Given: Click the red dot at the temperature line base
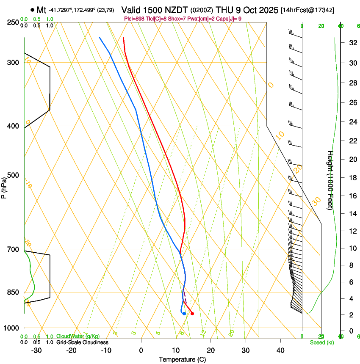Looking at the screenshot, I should (x=192, y=313).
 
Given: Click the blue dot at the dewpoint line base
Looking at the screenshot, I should (x=184, y=314).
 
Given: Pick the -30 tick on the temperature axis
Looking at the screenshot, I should (x=36, y=350).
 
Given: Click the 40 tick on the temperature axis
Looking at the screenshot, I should (x=280, y=350).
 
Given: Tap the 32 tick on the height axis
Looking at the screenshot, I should (x=352, y=43).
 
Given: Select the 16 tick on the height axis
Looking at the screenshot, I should (x=352, y=196).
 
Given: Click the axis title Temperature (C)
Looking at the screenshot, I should (x=182, y=359).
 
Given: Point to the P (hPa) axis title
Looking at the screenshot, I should (x=4, y=187).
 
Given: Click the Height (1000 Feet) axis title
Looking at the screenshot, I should (x=330, y=180).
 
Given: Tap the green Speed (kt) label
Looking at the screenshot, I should (x=322, y=342).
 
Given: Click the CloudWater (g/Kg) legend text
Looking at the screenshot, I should (x=78, y=336).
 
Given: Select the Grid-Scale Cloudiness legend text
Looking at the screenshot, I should (x=82, y=342).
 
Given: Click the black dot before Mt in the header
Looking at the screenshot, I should (x=32, y=10).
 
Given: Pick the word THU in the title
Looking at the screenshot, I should (x=226, y=10).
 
